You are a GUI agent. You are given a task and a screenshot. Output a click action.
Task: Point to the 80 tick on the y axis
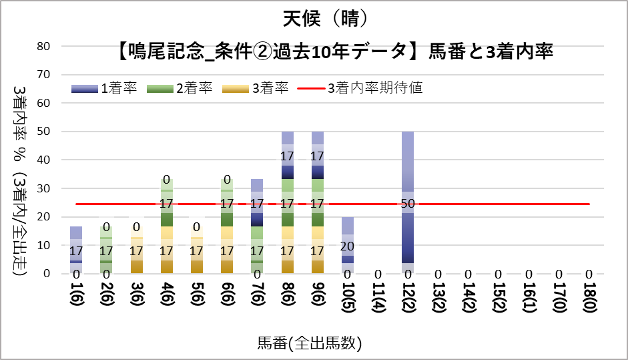point(45,47)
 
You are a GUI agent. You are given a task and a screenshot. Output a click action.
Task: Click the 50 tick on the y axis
point(45,132)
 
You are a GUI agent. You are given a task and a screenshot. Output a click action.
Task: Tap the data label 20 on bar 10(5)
point(347,246)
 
